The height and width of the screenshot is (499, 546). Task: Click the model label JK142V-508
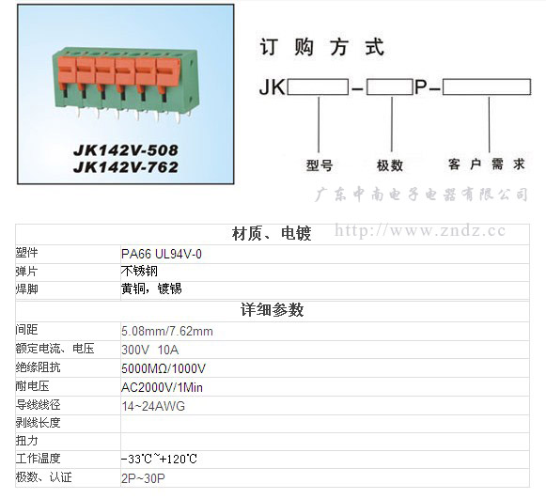(126, 150)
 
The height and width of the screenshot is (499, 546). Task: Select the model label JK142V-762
(126, 167)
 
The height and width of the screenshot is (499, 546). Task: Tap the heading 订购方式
(322, 47)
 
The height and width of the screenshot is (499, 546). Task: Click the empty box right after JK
(318, 86)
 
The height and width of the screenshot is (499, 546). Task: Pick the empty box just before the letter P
(390, 86)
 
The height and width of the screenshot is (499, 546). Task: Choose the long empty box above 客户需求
(487, 86)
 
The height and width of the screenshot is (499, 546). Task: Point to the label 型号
(320, 165)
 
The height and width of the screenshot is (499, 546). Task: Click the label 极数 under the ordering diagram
(390, 165)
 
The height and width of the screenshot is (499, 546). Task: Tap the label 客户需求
(487, 164)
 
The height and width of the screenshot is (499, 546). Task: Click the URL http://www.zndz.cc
(420, 230)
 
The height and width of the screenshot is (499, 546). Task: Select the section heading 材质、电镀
(272, 233)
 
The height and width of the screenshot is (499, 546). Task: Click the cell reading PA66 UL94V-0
(162, 255)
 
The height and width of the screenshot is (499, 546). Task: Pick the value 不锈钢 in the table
(139, 271)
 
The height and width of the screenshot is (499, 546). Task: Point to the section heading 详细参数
(272, 309)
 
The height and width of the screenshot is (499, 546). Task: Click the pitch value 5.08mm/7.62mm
(167, 331)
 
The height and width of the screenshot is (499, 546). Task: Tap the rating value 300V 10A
(150, 350)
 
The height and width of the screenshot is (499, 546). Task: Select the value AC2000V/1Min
(162, 387)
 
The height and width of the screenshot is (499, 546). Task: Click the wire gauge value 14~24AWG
(153, 406)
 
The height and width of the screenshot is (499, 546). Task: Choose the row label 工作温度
(38, 459)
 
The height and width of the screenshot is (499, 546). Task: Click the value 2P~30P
(143, 478)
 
